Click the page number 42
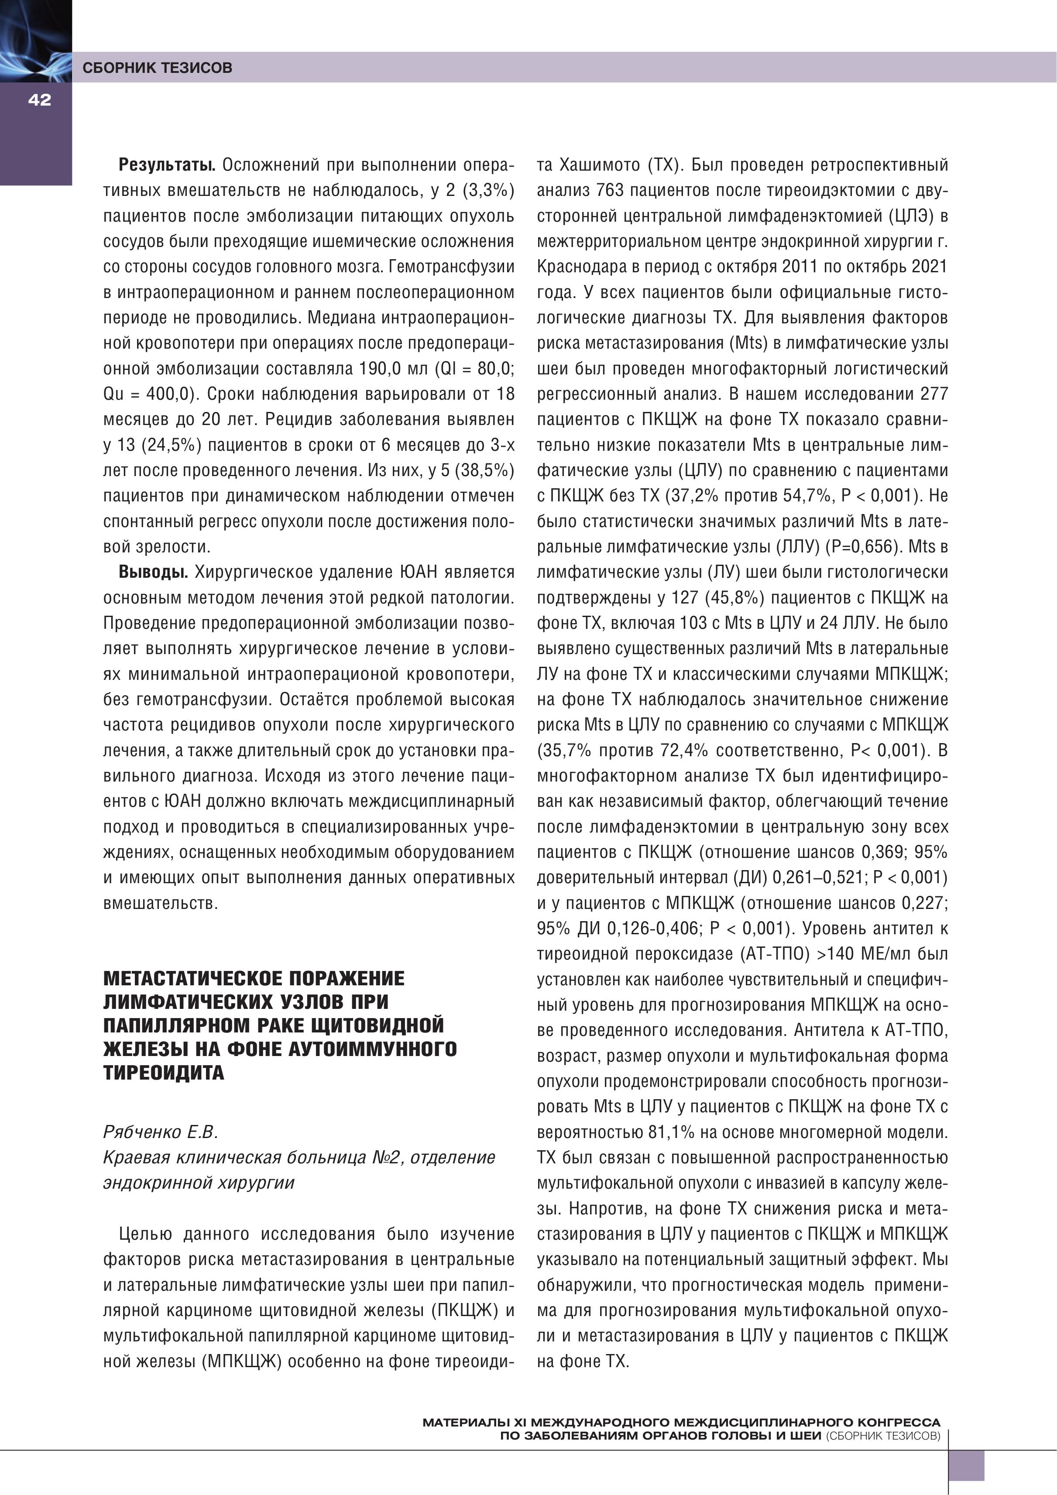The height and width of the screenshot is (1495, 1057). [x=39, y=99]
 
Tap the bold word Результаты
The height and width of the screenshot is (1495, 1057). [x=167, y=165]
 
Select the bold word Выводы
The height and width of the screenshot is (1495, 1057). [x=153, y=573]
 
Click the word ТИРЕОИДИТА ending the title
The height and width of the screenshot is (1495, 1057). [x=164, y=1073]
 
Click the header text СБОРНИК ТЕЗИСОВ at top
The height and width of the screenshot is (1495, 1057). [x=157, y=68]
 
